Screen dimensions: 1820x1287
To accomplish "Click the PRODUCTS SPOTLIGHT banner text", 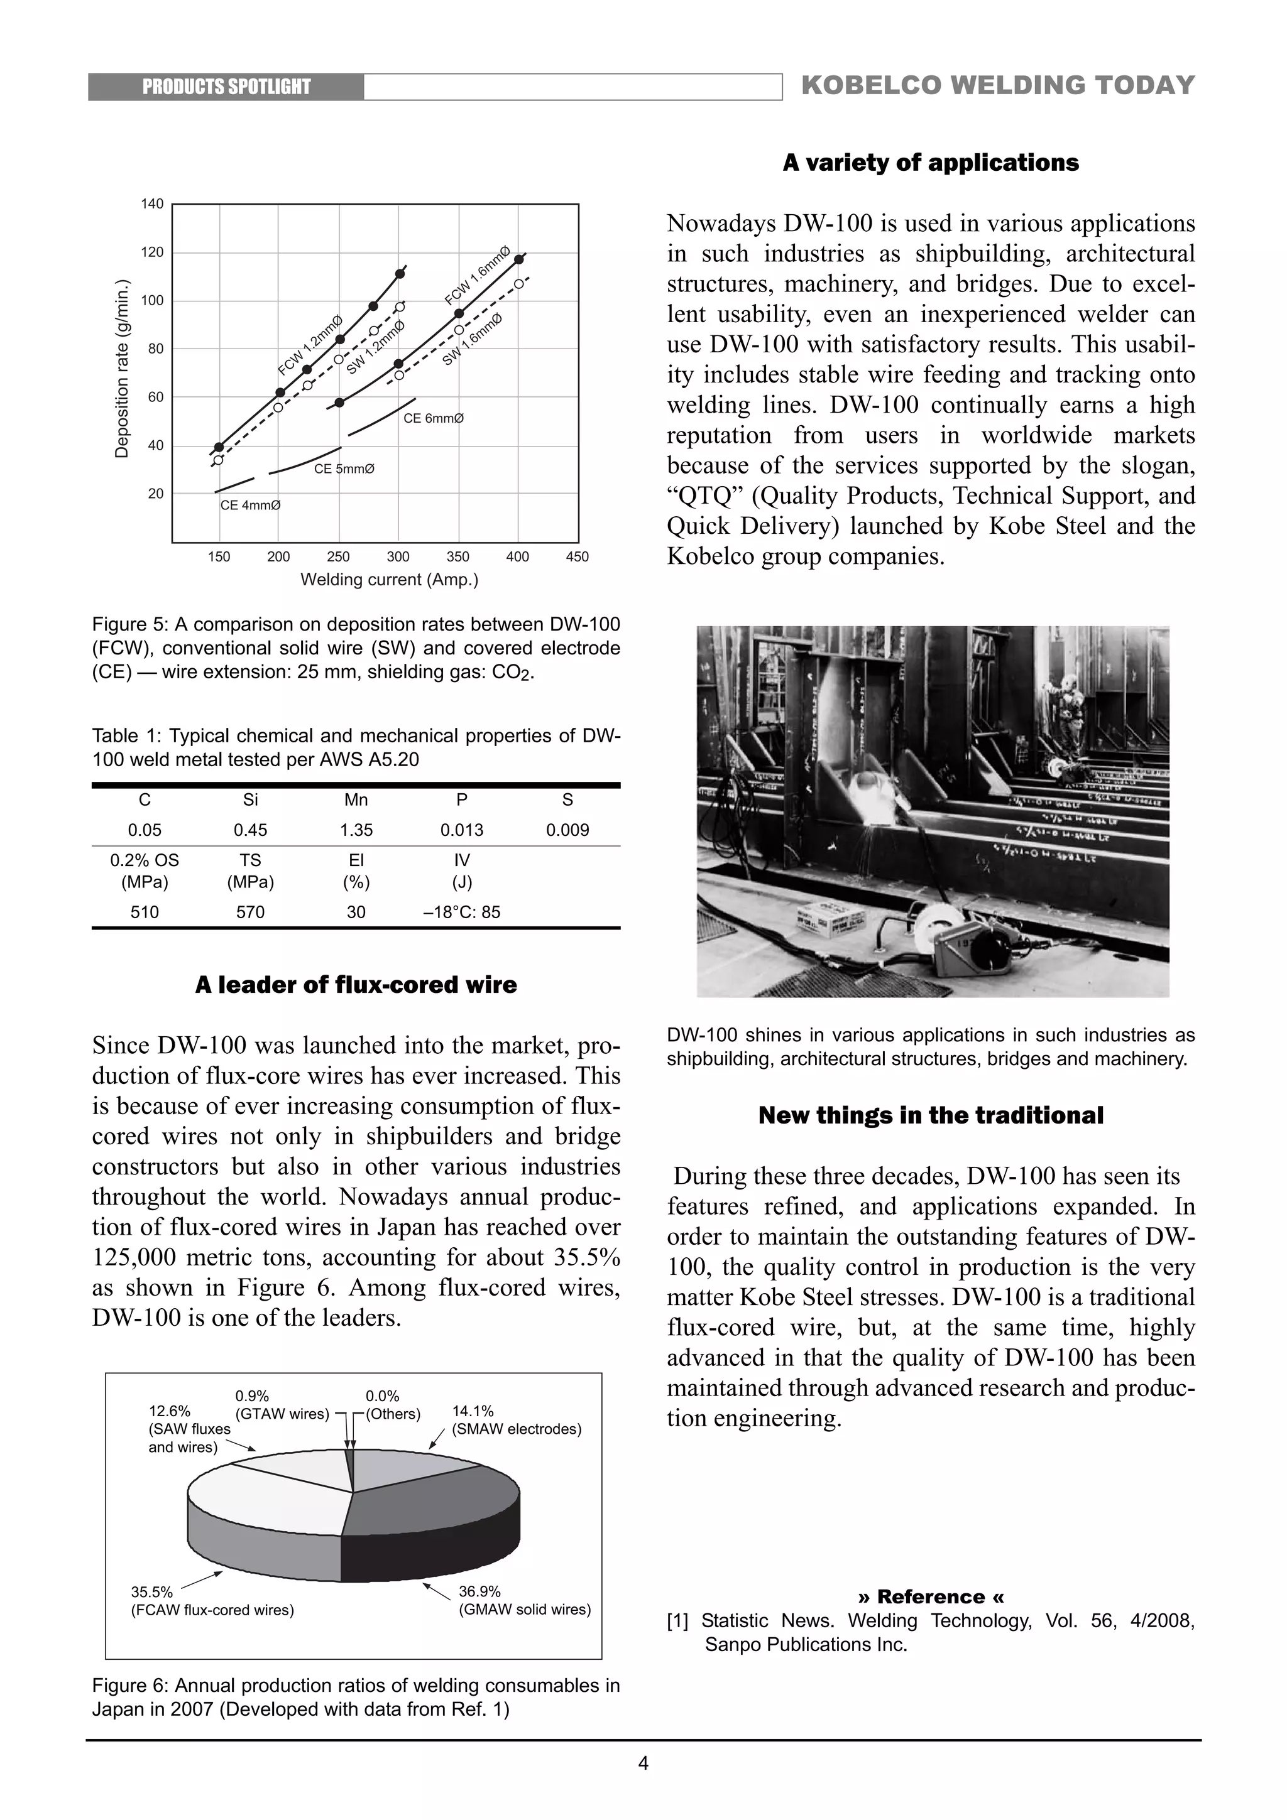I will point(226,87).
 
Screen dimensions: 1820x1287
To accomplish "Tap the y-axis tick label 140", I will point(152,203).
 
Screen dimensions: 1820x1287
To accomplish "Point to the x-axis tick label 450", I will point(578,556).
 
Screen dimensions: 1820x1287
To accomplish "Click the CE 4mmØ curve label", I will point(251,505).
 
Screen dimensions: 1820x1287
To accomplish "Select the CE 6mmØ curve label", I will point(434,418).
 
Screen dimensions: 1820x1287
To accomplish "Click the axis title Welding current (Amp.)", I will point(388,580).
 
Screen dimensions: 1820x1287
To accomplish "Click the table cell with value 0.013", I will point(461,830).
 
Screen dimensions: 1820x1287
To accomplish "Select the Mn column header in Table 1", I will point(356,800).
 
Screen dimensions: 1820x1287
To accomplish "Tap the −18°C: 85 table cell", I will point(461,912).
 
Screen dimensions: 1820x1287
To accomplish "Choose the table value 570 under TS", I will point(251,912).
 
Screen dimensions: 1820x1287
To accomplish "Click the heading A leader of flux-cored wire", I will point(356,985).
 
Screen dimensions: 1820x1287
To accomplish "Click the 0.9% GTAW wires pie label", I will point(282,1405).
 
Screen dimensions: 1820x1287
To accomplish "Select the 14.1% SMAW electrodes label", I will point(516,1421).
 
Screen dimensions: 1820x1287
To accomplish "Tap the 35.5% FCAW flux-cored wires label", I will point(212,1601).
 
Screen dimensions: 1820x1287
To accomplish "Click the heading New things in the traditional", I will point(931,1115).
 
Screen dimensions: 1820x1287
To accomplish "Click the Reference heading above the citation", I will point(931,1596).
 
